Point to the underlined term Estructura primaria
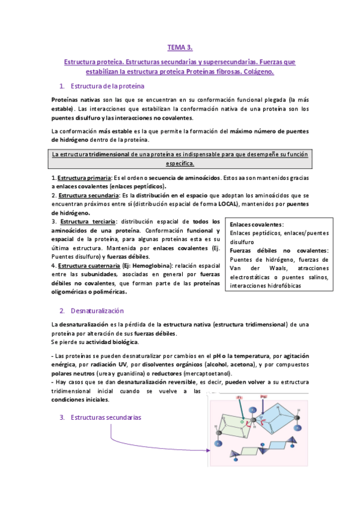tap(84, 178)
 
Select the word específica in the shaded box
tap(180, 163)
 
